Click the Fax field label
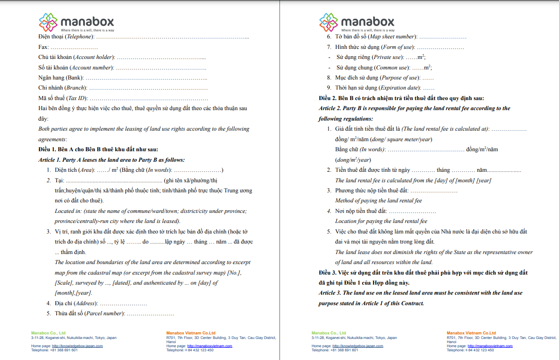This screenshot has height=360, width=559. click(43, 47)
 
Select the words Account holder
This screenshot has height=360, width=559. click(94, 58)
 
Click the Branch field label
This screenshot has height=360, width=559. click(75, 88)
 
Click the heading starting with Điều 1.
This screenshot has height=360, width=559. click(98, 149)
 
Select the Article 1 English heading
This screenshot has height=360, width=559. click(111, 160)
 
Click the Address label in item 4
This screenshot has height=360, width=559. click(85, 303)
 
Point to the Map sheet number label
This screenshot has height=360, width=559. click(392, 37)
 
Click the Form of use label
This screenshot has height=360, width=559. click(398, 47)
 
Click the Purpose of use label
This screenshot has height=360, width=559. click(399, 78)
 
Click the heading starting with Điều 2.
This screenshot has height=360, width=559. click(401, 98)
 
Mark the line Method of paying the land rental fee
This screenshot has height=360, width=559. click(378, 201)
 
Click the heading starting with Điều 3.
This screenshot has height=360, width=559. click(422, 273)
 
